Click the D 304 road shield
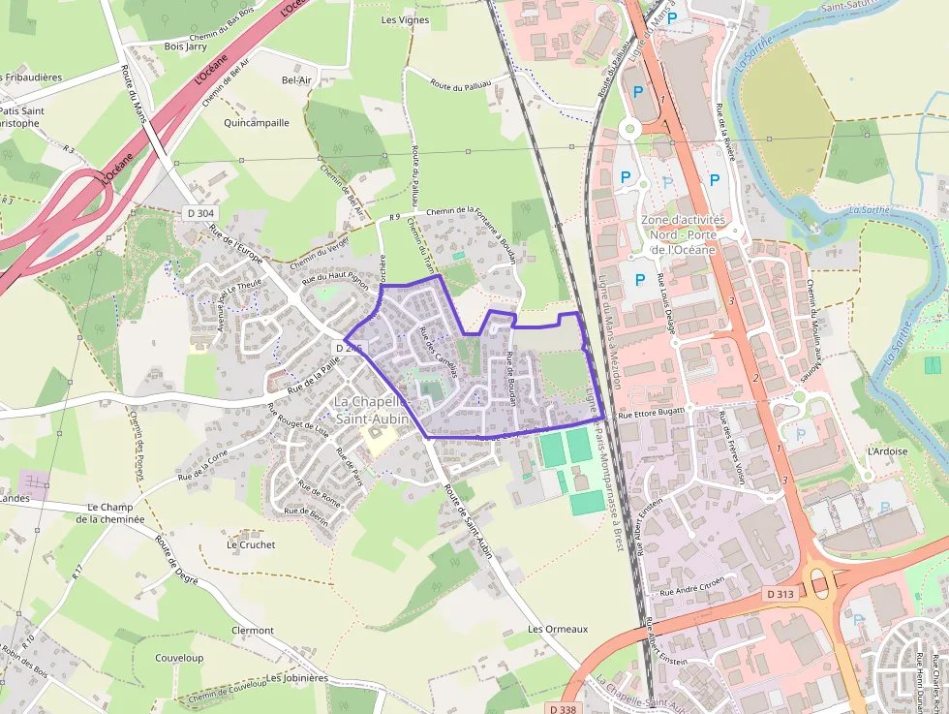coord(199,211)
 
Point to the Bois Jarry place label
coord(187,45)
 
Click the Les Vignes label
coord(405,19)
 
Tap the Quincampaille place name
coord(257,123)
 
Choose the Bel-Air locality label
coord(296,80)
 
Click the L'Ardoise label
coord(887,451)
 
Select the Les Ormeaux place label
coord(558,629)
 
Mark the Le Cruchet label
coord(251,544)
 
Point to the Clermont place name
coord(253,630)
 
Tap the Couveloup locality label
coord(179,658)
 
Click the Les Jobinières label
coord(297,678)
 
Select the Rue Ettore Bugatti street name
coord(651,412)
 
